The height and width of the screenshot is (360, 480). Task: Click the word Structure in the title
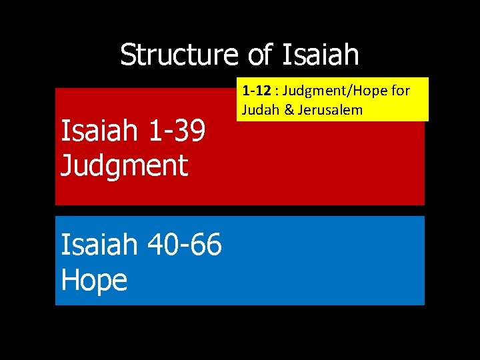178,55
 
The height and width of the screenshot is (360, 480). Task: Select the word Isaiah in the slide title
321,55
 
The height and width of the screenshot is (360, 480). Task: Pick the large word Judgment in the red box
124,164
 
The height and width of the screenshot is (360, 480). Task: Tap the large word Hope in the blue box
93,280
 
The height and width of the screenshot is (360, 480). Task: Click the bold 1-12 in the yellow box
255,91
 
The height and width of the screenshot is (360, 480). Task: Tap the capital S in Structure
127,55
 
